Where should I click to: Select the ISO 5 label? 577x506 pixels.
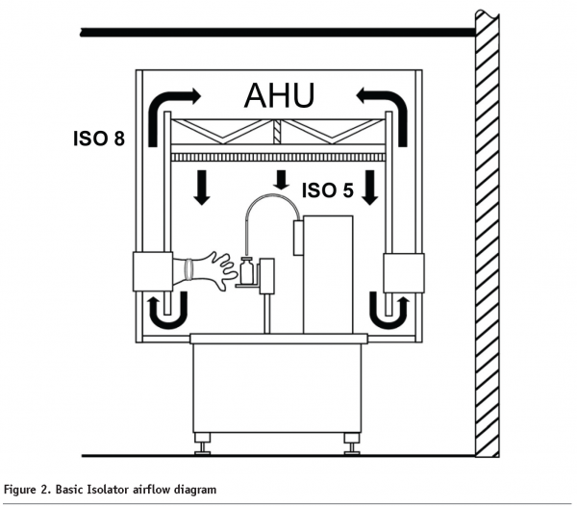point(327,190)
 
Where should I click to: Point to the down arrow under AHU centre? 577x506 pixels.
point(280,180)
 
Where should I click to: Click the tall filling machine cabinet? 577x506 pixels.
point(327,274)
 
